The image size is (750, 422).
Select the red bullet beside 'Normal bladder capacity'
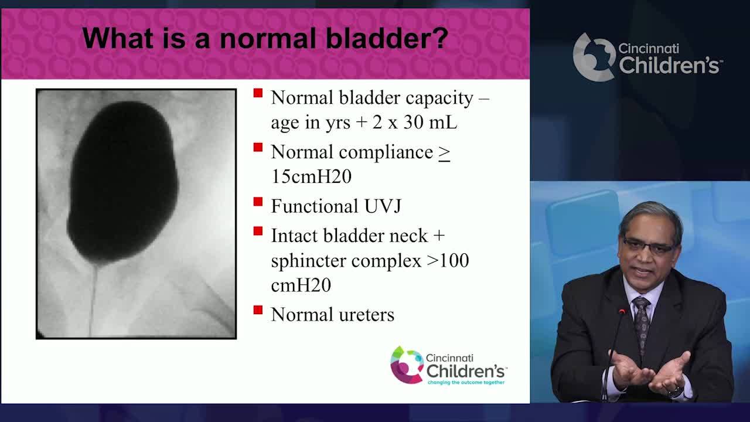258,93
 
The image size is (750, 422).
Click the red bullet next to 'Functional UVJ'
258,202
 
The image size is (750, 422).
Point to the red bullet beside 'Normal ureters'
258,309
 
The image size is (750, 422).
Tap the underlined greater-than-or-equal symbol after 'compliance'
444,152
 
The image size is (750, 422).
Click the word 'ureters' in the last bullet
367,315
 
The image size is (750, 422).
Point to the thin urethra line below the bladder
93,299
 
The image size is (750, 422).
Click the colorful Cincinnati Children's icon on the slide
406,365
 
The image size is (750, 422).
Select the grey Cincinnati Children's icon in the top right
593,57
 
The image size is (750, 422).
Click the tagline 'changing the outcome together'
465,382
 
